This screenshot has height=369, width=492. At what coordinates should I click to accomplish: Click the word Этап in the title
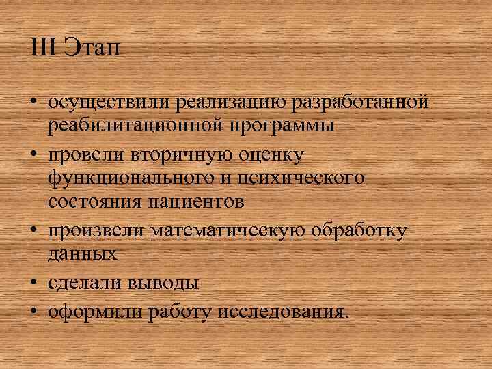(92, 49)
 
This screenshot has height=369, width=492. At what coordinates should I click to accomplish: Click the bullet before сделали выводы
(33, 281)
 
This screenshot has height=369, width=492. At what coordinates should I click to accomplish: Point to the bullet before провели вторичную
(33, 153)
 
